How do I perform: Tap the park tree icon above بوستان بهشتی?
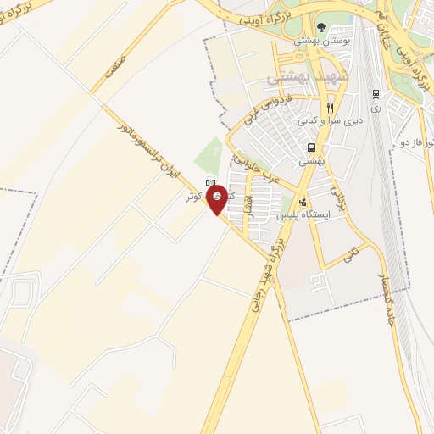[322, 27]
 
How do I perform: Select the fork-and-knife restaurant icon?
[330, 108]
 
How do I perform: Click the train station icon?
[376, 93]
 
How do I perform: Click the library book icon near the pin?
[210, 181]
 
